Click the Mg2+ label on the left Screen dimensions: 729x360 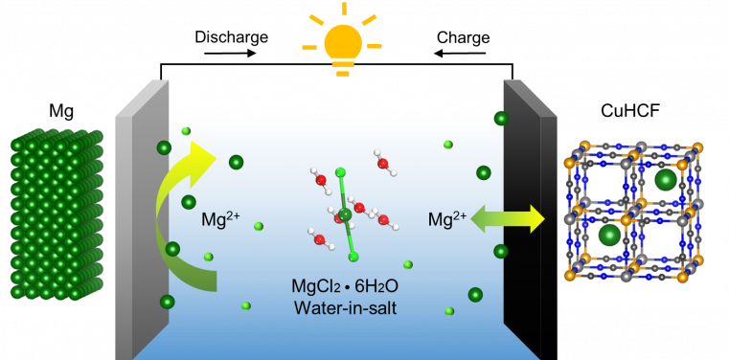tap(220, 220)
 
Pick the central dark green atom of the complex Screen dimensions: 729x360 tap(344, 214)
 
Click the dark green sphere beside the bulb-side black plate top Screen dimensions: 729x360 tap(501, 119)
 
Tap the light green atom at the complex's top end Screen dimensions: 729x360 tap(339, 172)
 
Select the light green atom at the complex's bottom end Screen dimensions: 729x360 tap(353, 257)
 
